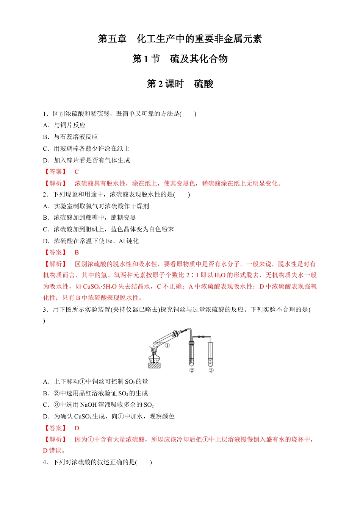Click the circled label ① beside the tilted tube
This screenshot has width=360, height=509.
point(167,345)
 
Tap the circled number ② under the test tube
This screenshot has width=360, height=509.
point(192,370)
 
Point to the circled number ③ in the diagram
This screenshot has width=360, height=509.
point(211,370)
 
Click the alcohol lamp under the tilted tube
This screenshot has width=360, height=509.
point(154,356)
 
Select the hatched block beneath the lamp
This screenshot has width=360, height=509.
point(154,365)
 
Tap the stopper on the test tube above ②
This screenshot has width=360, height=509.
point(191,343)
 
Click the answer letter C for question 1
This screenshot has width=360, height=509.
point(77,172)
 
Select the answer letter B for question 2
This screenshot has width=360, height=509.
point(77,253)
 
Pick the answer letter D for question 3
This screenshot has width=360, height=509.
point(77,428)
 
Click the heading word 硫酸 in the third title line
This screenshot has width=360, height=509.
point(203,84)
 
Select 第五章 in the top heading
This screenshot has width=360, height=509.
point(112,39)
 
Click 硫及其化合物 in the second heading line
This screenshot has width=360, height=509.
point(199,59)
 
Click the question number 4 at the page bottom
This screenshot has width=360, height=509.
point(45,462)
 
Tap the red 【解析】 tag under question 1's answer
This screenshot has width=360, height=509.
point(56,184)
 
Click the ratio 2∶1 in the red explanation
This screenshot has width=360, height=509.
point(193,275)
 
